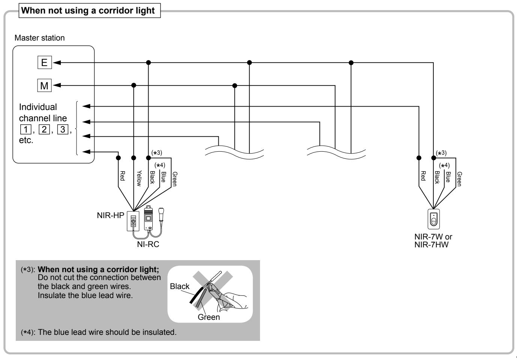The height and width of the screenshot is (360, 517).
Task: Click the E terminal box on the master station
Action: pos(45,62)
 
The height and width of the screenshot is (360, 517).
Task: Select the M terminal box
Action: pos(44,86)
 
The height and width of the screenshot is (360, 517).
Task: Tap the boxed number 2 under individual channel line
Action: pos(44,129)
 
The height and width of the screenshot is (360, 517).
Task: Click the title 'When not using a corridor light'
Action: pos(88,11)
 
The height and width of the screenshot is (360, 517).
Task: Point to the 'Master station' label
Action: pos(39,38)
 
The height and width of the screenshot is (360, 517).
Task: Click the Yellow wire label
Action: pos(139,178)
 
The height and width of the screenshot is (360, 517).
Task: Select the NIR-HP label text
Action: pos(110,215)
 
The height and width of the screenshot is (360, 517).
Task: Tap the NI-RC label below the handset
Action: pos(148,244)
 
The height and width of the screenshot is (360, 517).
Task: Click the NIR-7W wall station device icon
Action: pos(433,219)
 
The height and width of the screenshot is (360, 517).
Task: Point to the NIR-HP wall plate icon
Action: pos(133,221)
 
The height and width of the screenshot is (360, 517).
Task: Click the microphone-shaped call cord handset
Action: pos(161,216)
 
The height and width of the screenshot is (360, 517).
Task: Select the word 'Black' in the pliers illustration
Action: pos(180,286)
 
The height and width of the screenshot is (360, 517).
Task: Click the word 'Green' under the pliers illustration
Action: pos(209,317)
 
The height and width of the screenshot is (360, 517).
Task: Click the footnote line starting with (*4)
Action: pos(99,332)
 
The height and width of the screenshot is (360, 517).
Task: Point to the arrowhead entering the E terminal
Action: pos(57,63)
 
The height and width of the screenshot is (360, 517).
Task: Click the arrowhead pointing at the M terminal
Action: pos(57,86)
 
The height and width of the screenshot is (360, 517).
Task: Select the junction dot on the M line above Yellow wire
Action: pos(134,85)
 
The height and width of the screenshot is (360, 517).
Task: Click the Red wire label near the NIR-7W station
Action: pos(423,176)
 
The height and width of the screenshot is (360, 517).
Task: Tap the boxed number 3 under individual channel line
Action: pos(63,129)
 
